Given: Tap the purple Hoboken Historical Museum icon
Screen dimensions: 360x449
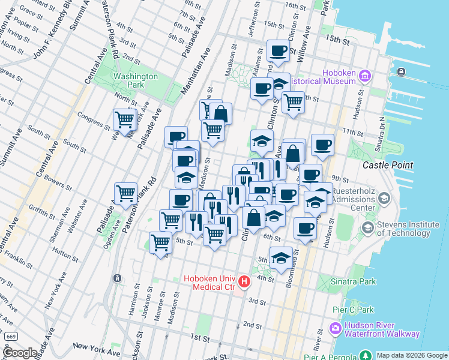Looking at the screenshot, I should pyautogui.click(x=365, y=76).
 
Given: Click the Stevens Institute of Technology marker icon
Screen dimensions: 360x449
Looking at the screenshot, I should pyautogui.click(x=367, y=228).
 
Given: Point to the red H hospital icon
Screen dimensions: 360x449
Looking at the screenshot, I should pyautogui.click(x=244, y=281).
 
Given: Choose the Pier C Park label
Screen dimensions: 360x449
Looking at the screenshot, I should pyautogui.click(x=353, y=310).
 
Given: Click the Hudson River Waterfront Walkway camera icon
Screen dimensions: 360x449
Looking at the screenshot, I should pyautogui.click(x=335, y=329).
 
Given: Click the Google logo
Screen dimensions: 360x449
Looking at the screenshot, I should pyautogui.click(x=20, y=353).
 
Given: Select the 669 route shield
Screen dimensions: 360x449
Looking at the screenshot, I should pyautogui.click(x=11, y=337).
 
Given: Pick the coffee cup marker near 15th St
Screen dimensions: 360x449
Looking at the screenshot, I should pyautogui.click(x=277, y=52).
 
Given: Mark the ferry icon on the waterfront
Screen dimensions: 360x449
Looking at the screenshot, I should pyautogui.click(x=401, y=72).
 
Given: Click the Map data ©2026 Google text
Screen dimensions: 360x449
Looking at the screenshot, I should pyautogui.click(x=412, y=355).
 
